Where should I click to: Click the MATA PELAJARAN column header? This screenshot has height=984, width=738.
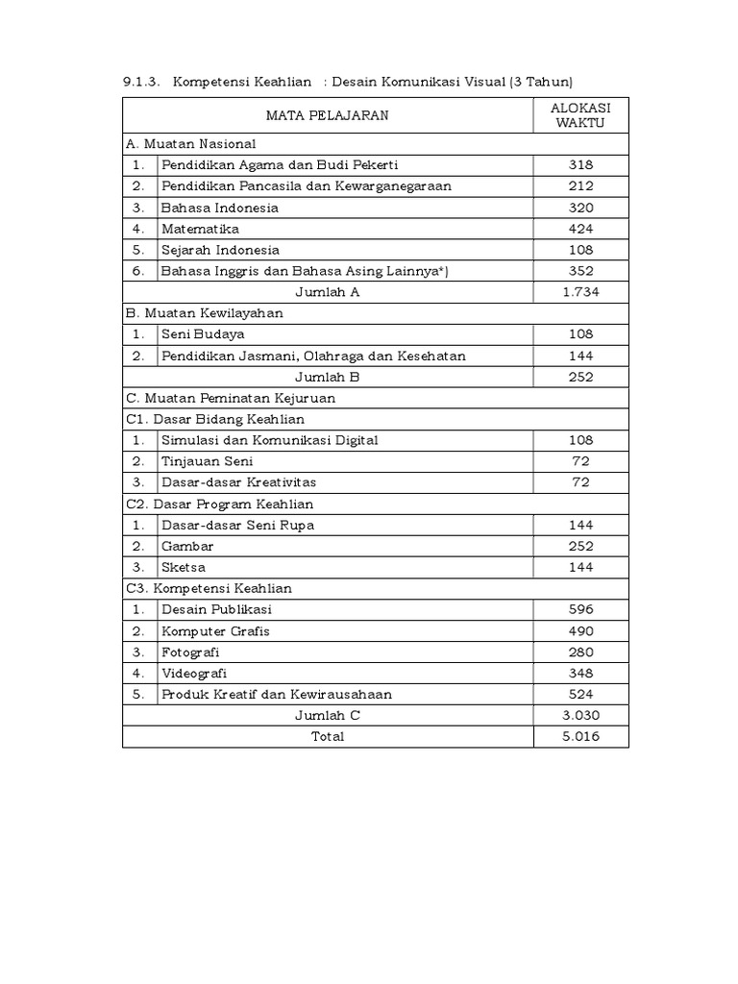328,115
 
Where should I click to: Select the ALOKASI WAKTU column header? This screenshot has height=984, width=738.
580,115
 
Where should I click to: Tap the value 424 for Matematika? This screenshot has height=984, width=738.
580,229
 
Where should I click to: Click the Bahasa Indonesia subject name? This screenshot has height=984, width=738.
220,208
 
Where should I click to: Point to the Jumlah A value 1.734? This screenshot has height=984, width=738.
580,292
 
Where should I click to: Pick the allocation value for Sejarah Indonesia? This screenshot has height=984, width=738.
580,250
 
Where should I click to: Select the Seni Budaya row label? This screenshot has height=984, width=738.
203,334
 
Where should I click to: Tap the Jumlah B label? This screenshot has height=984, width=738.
327,377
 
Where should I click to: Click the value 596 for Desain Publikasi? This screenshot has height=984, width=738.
580,609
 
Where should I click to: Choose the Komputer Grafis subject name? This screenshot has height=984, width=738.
215,631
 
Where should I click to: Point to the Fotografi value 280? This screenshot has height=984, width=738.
580,652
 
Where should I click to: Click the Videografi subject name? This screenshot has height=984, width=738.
194,674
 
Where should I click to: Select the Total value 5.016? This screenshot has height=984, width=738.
580,737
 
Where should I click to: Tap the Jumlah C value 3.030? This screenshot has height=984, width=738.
580,716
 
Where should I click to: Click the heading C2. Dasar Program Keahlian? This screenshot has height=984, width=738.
220,504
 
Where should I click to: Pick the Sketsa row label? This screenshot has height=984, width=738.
184,568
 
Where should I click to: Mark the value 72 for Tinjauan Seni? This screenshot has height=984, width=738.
580,461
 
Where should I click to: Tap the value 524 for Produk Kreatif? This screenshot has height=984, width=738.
580,695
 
